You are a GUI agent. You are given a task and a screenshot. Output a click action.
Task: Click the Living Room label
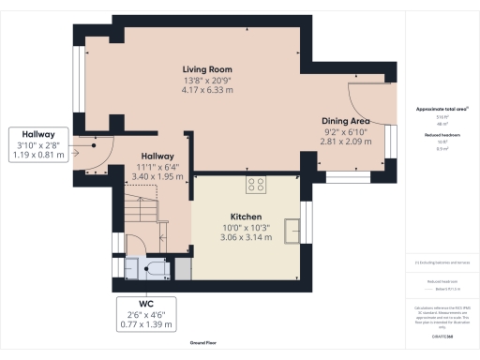point(208,69)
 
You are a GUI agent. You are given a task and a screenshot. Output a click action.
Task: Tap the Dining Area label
point(345,121)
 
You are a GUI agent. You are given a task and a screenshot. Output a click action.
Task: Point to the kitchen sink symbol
point(293,228)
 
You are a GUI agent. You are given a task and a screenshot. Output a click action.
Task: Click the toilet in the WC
point(155,270)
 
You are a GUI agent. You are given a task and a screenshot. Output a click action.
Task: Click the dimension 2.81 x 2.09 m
point(345,142)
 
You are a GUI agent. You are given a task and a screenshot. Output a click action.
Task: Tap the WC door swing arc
point(136,246)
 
